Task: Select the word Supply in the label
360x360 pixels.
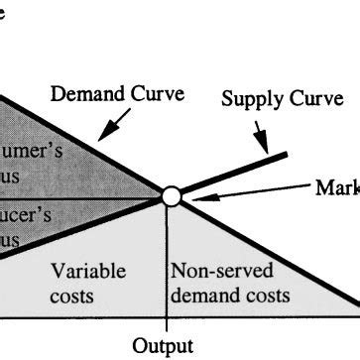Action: [x=248, y=100]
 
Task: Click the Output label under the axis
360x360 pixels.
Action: [x=166, y=347]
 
